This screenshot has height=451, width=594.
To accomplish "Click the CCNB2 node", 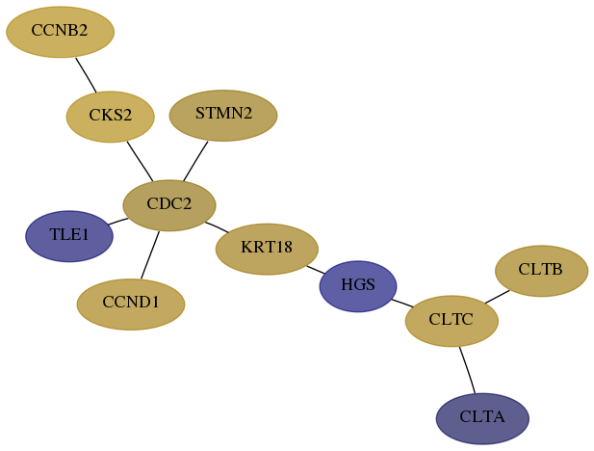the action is point(61,32).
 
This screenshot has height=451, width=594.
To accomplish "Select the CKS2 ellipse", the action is point(111,117).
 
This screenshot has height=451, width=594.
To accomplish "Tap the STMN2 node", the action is point(223,116).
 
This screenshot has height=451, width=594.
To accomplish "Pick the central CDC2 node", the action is point(169,205).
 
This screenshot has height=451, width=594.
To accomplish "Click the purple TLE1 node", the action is point(69,236).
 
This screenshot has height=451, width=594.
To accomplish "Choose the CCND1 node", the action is point(131,305).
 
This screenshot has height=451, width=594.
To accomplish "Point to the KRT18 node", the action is point(267,250).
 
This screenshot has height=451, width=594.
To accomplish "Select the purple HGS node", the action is point(358,286).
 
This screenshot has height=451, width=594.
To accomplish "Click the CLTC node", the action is point(452,321).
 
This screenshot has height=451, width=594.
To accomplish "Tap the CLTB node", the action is point(542,271).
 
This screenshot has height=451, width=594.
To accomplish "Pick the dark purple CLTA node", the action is point(482,419).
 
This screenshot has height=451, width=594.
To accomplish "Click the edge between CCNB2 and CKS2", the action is point(86,75).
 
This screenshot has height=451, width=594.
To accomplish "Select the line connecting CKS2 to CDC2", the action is point(140,162).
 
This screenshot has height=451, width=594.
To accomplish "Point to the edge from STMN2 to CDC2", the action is point(195,161).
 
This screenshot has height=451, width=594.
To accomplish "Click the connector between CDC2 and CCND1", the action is point(150,255).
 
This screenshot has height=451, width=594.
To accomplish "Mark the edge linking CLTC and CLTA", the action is point(467,370).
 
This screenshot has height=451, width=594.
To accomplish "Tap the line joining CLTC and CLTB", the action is point(498,297).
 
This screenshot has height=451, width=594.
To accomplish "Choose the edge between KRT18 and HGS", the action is point(316,270).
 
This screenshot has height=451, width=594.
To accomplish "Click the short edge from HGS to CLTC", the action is point(402,303).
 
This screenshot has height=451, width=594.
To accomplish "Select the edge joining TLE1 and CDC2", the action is point(118,222).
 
